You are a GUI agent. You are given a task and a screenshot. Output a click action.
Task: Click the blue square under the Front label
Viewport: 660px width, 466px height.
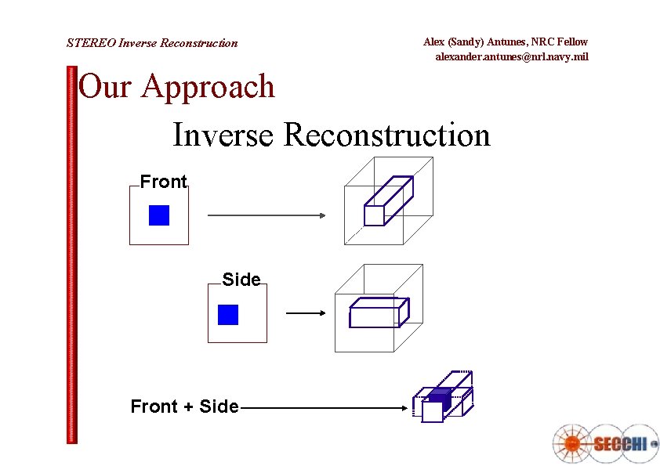tap(159, 215)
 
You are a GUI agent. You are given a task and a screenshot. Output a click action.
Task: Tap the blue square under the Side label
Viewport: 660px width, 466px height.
tap(228, 315)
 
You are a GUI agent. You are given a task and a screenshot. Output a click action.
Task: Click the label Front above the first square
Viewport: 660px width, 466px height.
tap(164, 182)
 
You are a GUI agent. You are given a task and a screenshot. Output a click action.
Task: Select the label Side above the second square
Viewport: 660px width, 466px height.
tap(241, 280)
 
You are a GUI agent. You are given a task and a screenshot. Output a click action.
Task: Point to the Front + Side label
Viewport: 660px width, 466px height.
tap(184, 406)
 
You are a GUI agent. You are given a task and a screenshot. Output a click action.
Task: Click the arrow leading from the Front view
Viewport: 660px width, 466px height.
tap(267, 215)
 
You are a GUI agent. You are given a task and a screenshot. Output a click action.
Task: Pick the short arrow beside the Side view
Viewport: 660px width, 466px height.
tap(306, 314)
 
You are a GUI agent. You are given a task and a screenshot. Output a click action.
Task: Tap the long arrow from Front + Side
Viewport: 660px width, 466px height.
tap(321, 408)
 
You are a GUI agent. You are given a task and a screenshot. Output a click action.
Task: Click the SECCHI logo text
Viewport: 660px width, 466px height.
tap(619, 443)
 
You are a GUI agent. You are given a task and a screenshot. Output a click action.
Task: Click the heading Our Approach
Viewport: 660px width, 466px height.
tap(177, 87)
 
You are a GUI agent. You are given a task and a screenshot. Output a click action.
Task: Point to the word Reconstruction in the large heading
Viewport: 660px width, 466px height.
tap(386, 135)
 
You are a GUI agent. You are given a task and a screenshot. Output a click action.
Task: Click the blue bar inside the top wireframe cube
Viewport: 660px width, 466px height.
tap(388, 201)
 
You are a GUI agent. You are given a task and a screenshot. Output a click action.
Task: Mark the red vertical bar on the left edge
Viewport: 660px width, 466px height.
tap(73, 255)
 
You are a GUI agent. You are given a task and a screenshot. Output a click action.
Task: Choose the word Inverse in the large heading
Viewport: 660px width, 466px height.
tap(223, 135)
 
